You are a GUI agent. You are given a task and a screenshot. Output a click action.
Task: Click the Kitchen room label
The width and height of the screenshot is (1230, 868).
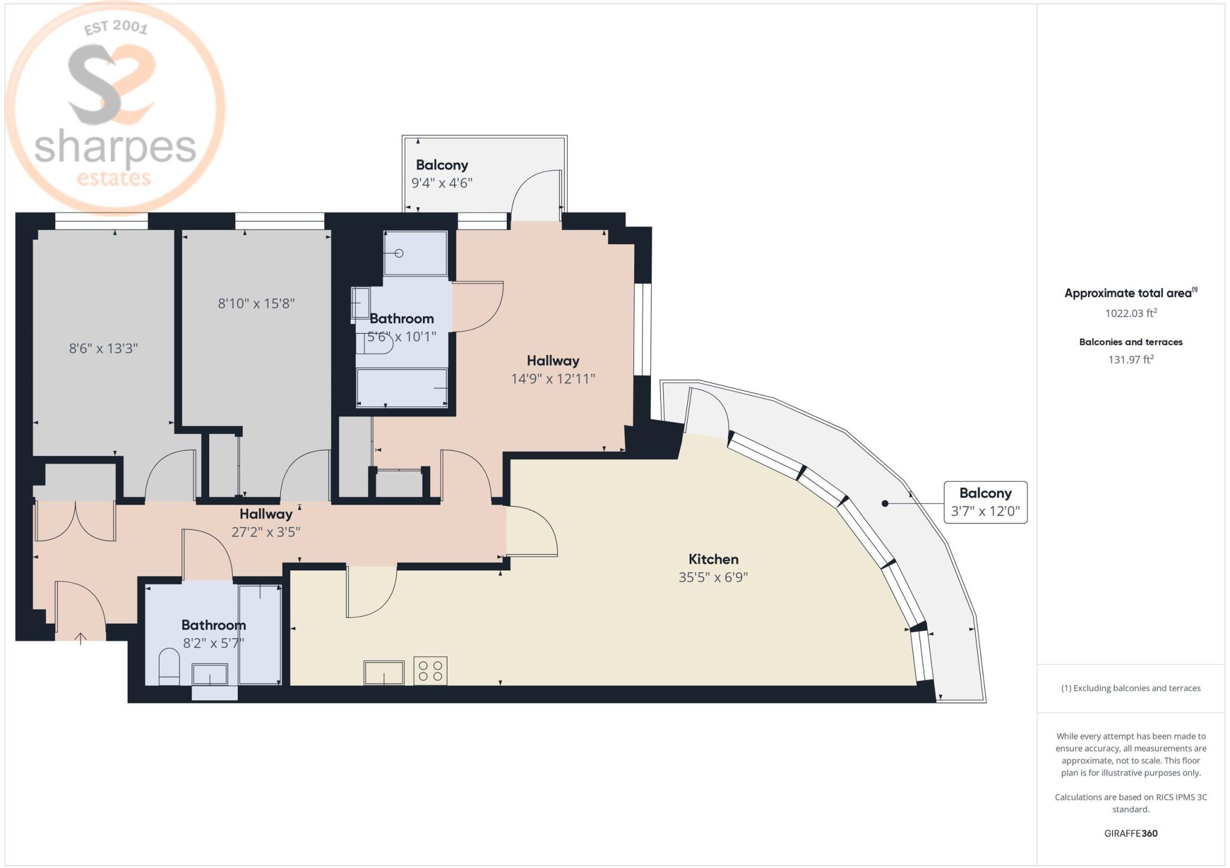tap(713, 559)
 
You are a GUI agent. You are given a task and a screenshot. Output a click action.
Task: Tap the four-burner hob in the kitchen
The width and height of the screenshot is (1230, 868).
tap(431, 671)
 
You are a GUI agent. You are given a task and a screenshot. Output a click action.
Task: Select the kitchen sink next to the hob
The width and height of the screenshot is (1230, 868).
tap(384, 672)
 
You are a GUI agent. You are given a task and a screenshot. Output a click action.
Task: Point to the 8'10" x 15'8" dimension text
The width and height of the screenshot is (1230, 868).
tap(256, 303)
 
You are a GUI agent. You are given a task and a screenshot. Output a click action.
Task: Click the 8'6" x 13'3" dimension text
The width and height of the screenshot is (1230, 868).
tap(103, 348)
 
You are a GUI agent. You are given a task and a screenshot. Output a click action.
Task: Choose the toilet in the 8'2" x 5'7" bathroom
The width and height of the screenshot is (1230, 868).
tap(169, 669)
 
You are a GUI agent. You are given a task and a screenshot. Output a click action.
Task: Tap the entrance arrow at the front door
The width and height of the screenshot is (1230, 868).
tap(80, 638)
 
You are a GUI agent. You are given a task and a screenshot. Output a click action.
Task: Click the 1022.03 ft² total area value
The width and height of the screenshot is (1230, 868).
tap(1131, 313)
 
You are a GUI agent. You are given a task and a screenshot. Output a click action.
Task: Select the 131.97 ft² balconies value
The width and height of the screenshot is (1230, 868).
tap(1131, 360)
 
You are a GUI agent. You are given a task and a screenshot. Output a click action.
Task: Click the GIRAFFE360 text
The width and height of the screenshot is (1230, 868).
tap(1131, 833)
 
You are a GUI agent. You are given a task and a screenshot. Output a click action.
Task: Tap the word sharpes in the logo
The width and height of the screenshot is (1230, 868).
tap(115, 148)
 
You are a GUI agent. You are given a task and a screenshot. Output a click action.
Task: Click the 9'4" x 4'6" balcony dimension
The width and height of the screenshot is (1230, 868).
tap(442, 183)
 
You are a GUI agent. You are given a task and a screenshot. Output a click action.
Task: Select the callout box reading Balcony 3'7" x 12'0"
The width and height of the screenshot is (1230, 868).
tap(986, 502)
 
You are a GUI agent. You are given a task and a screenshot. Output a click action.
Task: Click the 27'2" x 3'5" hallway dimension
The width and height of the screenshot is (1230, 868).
tap(266, 532)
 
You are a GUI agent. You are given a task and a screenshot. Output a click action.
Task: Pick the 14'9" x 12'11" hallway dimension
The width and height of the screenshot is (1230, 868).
tap(553, 379)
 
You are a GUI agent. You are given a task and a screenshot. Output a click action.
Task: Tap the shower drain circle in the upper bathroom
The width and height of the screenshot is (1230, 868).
tap(399, 253)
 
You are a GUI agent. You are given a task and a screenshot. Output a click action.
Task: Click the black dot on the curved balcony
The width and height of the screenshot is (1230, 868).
tap(885, 503)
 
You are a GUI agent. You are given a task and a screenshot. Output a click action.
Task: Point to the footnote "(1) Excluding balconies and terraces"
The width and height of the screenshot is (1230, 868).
tap(1131, 689)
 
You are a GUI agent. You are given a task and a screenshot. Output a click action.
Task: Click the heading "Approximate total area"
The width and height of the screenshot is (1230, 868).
tap(1128, 294)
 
